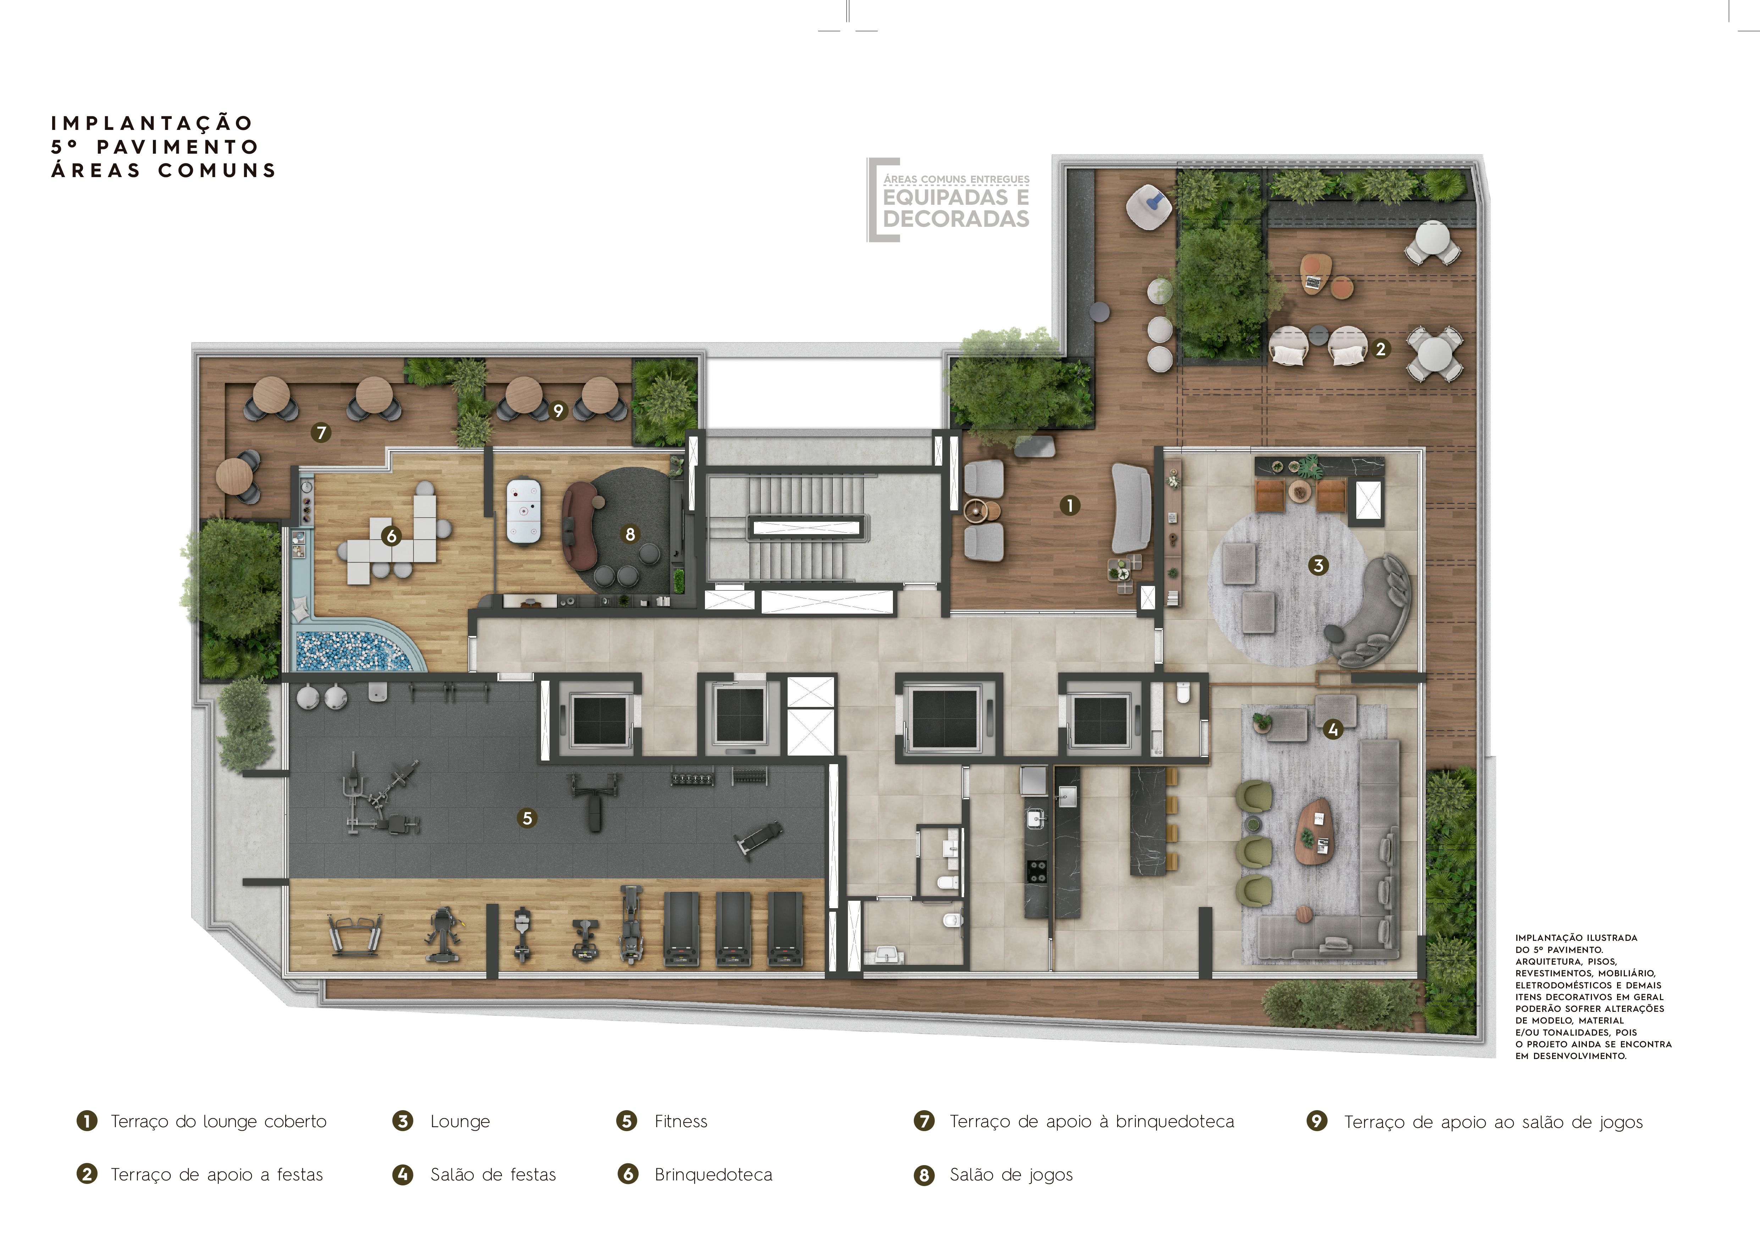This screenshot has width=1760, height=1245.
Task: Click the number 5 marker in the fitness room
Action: (x=526, y=818)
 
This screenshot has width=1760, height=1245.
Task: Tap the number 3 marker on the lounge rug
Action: (x=1318, y=566)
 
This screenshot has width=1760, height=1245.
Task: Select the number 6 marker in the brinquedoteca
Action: (x=392, y=536)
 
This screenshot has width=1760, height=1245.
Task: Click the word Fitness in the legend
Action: (x=681, y=1121)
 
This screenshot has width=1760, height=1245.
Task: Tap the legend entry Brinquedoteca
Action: (x=713, y=1174)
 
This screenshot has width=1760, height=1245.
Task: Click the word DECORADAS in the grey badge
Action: (x=956, y=219)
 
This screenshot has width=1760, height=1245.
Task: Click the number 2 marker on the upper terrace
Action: (x=1380, y=349)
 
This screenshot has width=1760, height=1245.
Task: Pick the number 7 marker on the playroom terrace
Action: (x=321, y=433)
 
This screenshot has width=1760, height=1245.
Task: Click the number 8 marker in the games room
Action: (x=630, y=534)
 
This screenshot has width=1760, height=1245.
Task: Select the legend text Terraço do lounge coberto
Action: (x=219, y=1121)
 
